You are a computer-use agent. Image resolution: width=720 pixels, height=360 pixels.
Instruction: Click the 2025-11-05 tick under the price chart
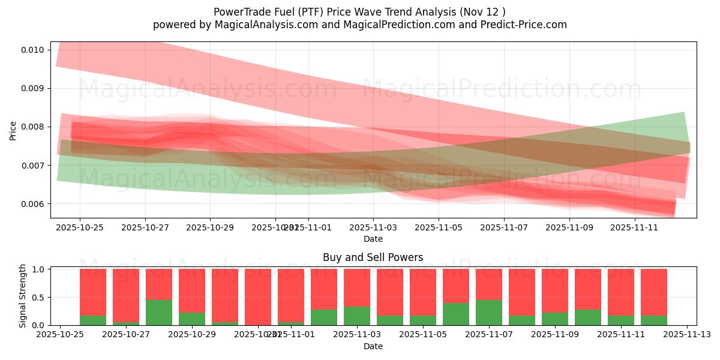tap(439, 228)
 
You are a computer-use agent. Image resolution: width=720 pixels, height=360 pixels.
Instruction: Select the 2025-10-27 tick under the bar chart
tap(126, 335)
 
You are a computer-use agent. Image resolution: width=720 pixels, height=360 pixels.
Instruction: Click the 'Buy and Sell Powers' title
tap(373, 257)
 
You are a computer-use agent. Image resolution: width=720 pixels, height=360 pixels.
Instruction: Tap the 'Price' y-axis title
tap(13, 130)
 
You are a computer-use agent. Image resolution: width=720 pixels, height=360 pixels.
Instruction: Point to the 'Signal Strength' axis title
tap(23, 296)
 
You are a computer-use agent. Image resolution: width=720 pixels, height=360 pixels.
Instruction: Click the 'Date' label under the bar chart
tap(373, 346)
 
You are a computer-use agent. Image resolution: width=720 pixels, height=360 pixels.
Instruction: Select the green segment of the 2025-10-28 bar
tap(159, 313)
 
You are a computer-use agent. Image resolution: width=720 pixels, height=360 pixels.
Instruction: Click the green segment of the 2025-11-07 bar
tap(489, 313)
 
